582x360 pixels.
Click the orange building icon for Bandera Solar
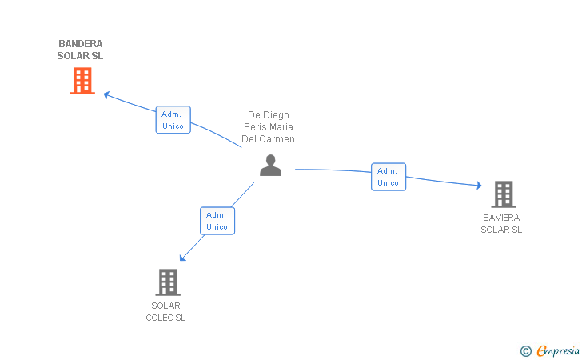(x=82, y=81)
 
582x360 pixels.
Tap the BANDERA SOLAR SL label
(x=80, y=50)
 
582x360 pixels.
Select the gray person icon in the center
(x=271, y=166)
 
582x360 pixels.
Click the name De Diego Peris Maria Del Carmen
(x=269, y=127)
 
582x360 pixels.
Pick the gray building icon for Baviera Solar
(x=503, y=194)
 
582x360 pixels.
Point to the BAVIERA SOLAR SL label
(x=501, y=223)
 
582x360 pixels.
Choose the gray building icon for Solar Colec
(x=167, y=282)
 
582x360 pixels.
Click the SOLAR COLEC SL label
(x=165, y=311)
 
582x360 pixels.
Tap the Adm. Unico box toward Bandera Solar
(x=173, y=120)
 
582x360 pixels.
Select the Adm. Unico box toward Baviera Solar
(x=388, y=177)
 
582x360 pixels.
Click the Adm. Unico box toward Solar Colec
(x=217, y=221)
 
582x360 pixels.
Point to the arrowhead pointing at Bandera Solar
(x=106, y=94)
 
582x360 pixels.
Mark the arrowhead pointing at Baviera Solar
(x=478, y=186)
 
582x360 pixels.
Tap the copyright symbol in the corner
(x=525, y=350)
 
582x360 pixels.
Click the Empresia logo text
(x=558, y=350)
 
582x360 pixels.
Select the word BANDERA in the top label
(x=80, y=44)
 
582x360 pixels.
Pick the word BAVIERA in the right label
(x=501, y=218)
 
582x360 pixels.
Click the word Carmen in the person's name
(x=279, y=139)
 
